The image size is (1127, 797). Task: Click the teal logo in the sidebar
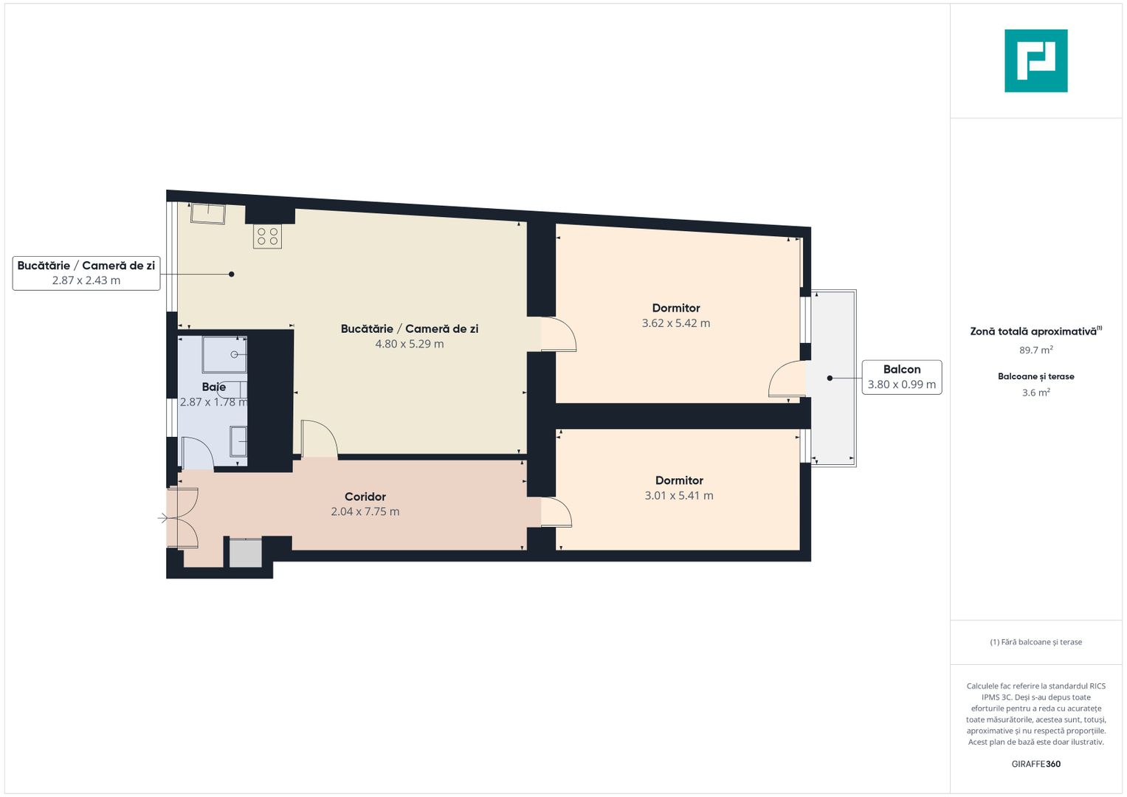coord(1035,61)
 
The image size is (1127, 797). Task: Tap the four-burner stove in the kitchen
coord(267,237)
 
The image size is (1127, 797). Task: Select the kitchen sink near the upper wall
coord(208,213)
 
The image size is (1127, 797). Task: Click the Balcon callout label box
coord(901,377)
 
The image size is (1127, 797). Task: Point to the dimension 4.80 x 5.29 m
coord(409,344)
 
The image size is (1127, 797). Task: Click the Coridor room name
coord(365,497)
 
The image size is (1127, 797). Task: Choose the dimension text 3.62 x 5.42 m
coord(675,323)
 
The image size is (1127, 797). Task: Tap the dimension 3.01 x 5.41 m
coord(678,496)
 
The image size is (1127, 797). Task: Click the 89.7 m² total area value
coord(1035,351)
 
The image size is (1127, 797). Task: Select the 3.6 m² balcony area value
coord(1035,393)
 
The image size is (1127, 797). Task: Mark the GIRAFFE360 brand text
coord(1035,764)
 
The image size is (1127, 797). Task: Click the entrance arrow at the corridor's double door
coord(163,519)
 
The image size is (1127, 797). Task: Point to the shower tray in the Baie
coord(224,354)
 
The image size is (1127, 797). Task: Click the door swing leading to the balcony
coord(787,379)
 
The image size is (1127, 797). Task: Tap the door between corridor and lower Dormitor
coord(556,512)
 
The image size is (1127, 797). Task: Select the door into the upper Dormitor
coord(559,334)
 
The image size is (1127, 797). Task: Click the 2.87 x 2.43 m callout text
coord(86,280)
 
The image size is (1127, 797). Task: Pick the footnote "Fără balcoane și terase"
coord(1035,642)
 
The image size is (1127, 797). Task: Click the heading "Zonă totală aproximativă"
coord(1033,331)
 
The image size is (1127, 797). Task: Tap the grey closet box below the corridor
coord(245,553)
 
